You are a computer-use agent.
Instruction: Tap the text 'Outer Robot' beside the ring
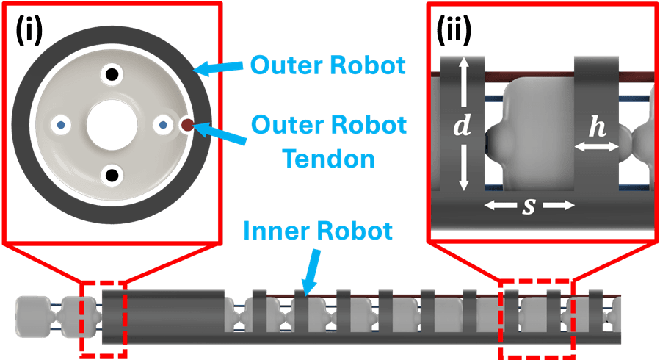click(x=327, y=65)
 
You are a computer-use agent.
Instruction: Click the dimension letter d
click(x=461, y=126)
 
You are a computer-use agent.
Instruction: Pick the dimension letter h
click(x=598, y=127)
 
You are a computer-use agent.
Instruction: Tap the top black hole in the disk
click(x=112, y=73)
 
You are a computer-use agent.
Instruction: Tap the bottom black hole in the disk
click(x=112, y=175)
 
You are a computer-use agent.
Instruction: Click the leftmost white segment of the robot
click(x=32, y=317)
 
